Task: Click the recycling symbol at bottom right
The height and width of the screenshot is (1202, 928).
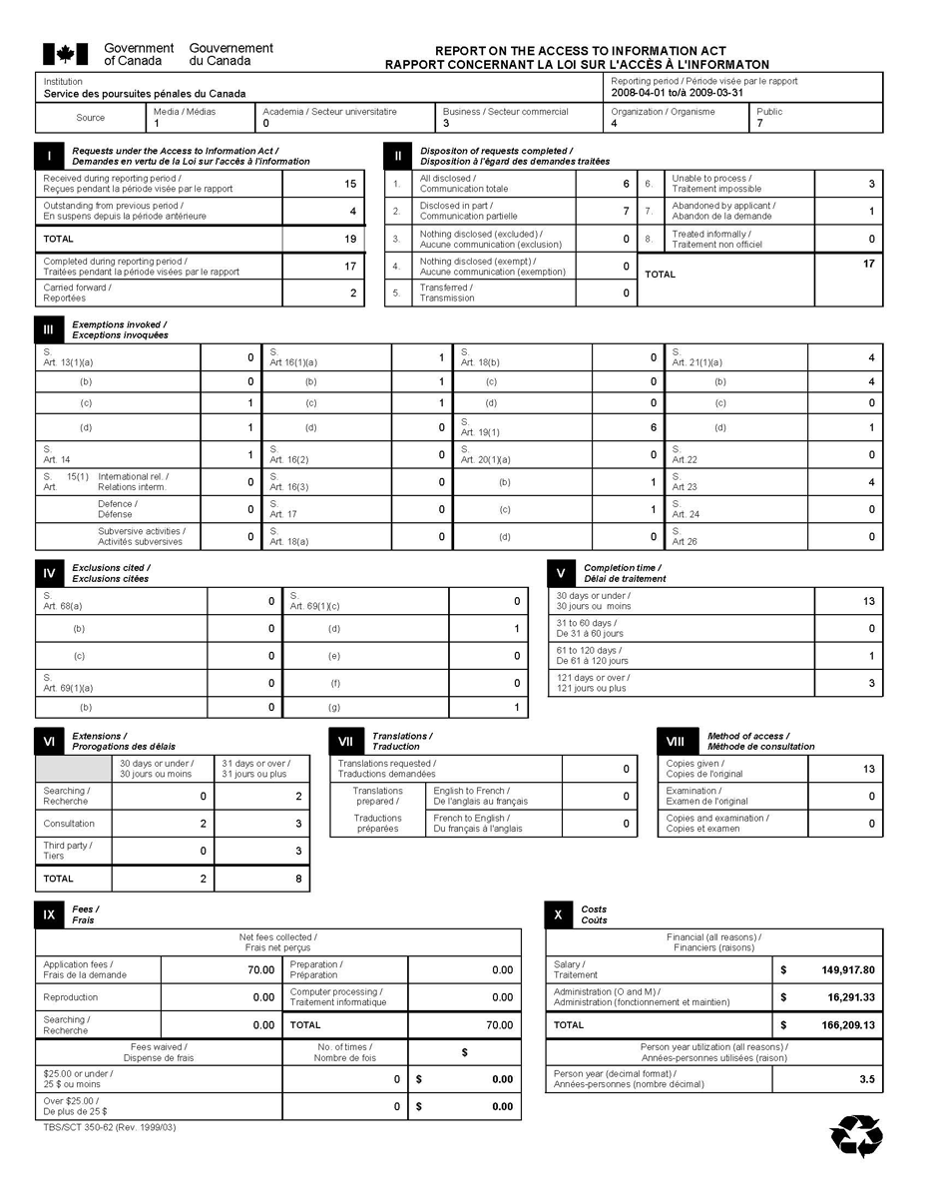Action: [x=856, y=1136]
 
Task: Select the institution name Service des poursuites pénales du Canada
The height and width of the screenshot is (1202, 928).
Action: [x=145, y=94]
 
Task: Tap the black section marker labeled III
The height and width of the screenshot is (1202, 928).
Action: [x=49, y=329]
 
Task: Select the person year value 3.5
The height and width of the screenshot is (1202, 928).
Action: [x=866, y=1079]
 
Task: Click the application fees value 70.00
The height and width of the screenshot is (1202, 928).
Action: [x=260, y=969]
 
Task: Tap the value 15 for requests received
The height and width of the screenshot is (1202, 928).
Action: [x=349, y=184]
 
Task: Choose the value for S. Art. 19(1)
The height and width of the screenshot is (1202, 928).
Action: [x=653, y=427]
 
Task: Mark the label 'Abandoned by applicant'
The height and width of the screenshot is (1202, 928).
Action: [x=723, y=206]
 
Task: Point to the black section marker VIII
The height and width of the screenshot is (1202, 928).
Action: [x=675, y=741]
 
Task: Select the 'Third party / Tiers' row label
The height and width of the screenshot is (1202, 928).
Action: [x=69, y=851]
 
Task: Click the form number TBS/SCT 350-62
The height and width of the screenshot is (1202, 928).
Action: [x=110, y=1127]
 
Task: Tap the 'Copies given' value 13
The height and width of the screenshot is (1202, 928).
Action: [x=867, y=769]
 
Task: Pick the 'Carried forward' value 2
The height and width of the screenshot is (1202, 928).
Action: [x=352, y=293]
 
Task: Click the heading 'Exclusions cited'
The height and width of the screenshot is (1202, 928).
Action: [x=111, y=567]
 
